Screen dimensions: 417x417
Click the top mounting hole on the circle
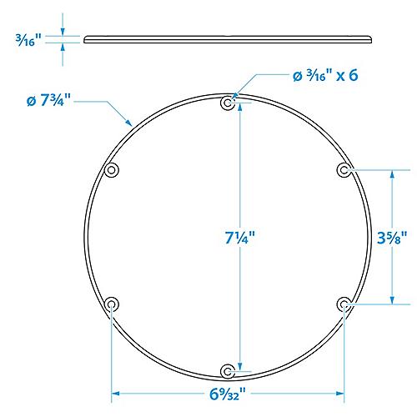click(228, 104)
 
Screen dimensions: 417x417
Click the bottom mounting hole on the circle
click(228, 369)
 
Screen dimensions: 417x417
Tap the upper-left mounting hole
click(112, 170)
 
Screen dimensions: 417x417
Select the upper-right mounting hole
click(343, 170)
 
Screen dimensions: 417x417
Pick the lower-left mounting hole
click(112, 304)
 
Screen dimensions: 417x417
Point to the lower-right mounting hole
click(343, 304)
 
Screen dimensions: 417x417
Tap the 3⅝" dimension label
click(391, 237)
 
